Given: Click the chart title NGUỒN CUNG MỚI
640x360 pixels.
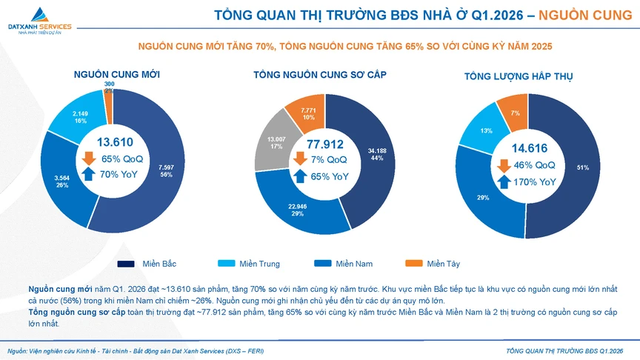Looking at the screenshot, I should [x=116, y=75].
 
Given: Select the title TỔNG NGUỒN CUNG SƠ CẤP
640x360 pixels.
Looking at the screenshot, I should [x=319, y=75].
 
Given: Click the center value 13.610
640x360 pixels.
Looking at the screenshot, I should [x=115, y=142].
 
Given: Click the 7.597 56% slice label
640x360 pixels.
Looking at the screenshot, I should [x=166, y=171].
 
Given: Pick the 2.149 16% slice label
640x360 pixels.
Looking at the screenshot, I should [x=80, y=116].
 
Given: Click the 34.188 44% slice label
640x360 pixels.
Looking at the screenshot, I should [x=376, y=154].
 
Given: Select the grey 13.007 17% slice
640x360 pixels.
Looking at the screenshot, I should [x=276, y=143].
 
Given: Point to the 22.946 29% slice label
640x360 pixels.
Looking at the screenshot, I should [x=298, y=210].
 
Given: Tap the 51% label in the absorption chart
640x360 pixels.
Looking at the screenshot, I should [x=583, y=168].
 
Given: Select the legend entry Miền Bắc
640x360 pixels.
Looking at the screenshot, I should [x=149, y=264].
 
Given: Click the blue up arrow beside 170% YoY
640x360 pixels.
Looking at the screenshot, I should [x=503, y=181].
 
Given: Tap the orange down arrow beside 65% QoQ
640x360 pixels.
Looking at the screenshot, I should [x=88, y=159].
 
